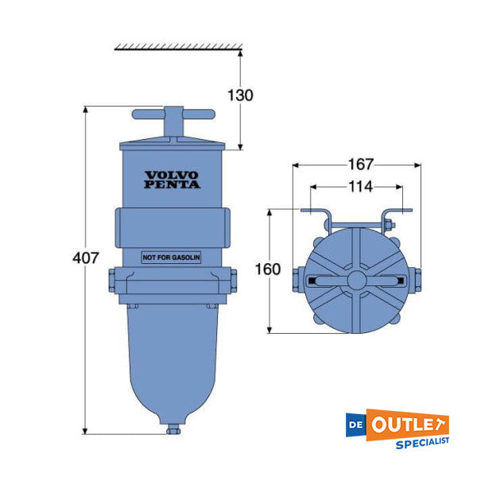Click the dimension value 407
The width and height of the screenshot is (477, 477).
(x=86, y=258)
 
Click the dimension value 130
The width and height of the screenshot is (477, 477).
(x=239, y=95)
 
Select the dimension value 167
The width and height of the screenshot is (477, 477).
(x=359, y=165)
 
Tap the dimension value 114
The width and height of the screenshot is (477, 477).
(x=359, y=187)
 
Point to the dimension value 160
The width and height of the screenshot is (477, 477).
(x=269, y=269)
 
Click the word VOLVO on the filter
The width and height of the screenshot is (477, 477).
(x=172, y=175)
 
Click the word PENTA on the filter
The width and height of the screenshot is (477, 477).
(x=172, y=185)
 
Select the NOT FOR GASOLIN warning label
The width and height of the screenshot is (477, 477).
(x=171, y=258)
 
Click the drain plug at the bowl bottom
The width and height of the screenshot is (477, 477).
(x=173, y=430)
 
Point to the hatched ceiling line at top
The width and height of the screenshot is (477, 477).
(x=176, y=48)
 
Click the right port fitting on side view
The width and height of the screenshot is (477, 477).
(x=234, y=281)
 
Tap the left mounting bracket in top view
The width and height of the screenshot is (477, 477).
(x=322, y=219)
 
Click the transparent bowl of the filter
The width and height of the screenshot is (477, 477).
(x=172, y=358)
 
